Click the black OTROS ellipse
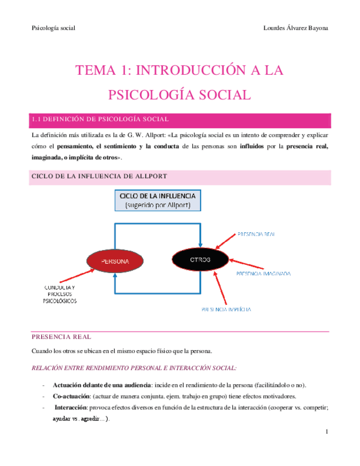point(200,258)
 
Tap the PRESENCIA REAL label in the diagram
point(256,234)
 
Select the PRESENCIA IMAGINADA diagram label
point(263,273)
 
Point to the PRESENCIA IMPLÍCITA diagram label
point(226,309)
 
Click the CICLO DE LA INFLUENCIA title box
point(157,200)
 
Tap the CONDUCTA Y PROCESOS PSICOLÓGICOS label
point(60,295)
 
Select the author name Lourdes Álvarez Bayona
point(296,28)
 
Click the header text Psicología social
point(53,28)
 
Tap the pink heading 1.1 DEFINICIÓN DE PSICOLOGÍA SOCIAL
point(100,119)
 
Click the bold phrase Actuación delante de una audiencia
point(101,385)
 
